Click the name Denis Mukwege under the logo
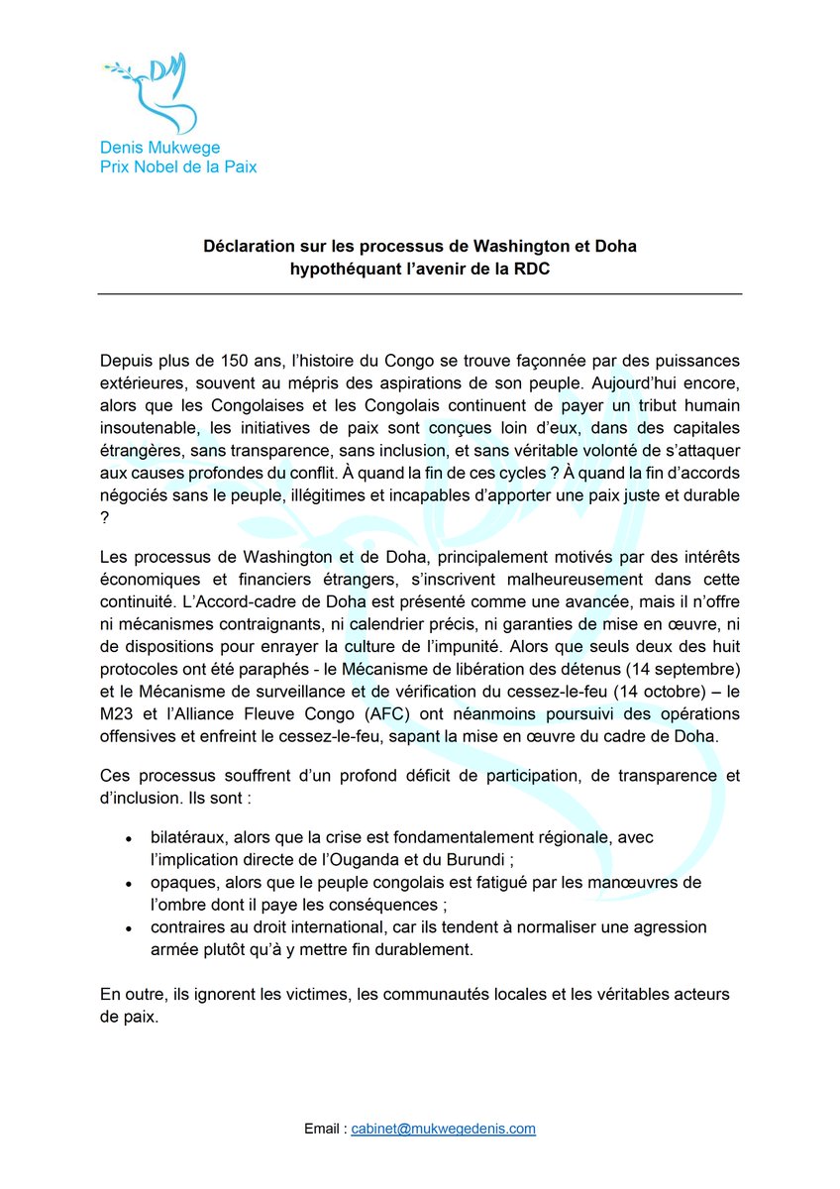coord(160,148)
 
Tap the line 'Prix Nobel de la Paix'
coord(178,166)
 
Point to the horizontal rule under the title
coord(420,294)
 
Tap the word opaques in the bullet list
coord(182,883)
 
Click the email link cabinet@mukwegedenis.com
coord(443,1129)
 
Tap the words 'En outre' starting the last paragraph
coord(132,994)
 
